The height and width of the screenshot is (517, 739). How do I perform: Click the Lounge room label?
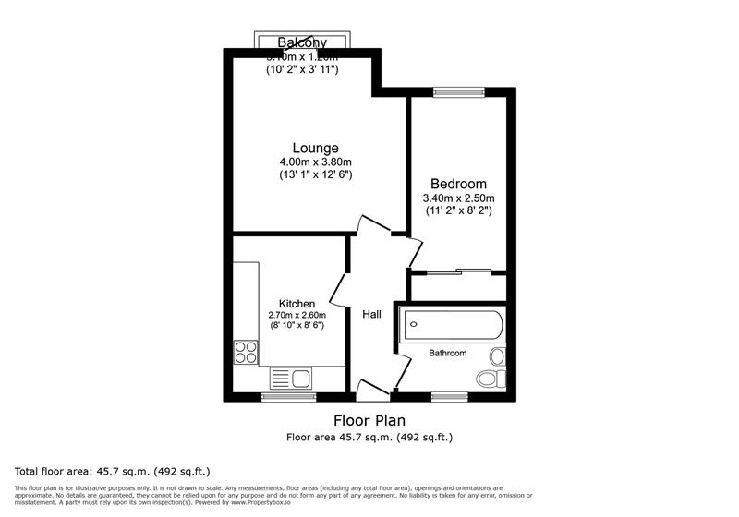pyautogui.click(x=315, y=148)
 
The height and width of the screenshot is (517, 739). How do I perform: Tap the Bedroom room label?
pyautogui.click(x=458, y=184)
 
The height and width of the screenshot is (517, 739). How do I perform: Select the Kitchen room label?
pyautogui.click(x=297, y=304)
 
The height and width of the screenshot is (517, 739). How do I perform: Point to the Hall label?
pyautogui.click(x=371, y=315)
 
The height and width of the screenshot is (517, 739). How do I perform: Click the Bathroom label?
pyautogui.click(x=447, y=353)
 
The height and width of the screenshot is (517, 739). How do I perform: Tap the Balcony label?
pyautogui.click(x=302, y=42)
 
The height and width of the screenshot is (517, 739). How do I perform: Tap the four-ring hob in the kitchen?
pyautogui.click(x=246, y=351)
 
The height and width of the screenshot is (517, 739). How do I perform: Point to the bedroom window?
pyautogui.click(x=458, y=91)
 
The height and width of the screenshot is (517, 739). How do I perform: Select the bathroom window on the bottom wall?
pyautogui.click(x=449, y=397)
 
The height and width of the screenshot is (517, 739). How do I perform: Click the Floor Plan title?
pyautogui.click(x=369, y=420)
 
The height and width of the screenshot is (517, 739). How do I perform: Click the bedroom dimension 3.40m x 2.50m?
pyautogui.click(x=458, y=198)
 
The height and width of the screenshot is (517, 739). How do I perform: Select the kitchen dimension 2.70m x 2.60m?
pyautogui.click(x=297, y=315)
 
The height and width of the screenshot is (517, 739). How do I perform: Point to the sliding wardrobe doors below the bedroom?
pyautogui.click(x=458, y=271)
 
